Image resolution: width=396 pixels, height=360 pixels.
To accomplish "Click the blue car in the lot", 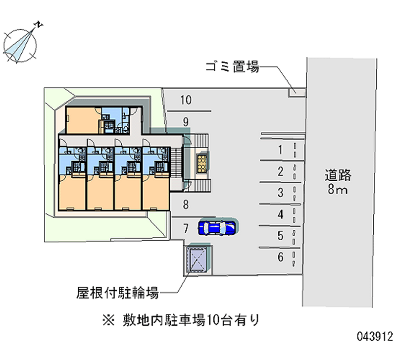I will pyautogui.click(x=217, y=227).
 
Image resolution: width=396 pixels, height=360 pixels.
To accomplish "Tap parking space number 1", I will pyautogui.click(x=280, y=151).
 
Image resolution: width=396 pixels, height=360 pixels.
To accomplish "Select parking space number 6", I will pyautogui.click(x=280, y=257).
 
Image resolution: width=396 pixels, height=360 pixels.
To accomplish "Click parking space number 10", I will pyautogui.click(x=185, y=101).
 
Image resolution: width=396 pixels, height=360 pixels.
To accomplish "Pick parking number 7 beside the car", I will pyautogui.click(x=185, y=228).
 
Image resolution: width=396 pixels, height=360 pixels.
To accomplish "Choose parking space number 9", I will pyautogui.click(x=185, y=121).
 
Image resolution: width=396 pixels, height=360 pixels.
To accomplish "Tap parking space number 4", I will pyautogui.click(x=280, y=214).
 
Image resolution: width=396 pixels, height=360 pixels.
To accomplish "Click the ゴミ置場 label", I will pyautogui.click(x=232, y=67).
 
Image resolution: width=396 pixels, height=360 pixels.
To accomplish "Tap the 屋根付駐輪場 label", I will pyautogui.click(x=118, y=294).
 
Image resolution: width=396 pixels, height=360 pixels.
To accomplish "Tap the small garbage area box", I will pyautogui.click(x=296, y=91).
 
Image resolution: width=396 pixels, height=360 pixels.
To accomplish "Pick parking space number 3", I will pyautogui.click(x=280, y=193).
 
